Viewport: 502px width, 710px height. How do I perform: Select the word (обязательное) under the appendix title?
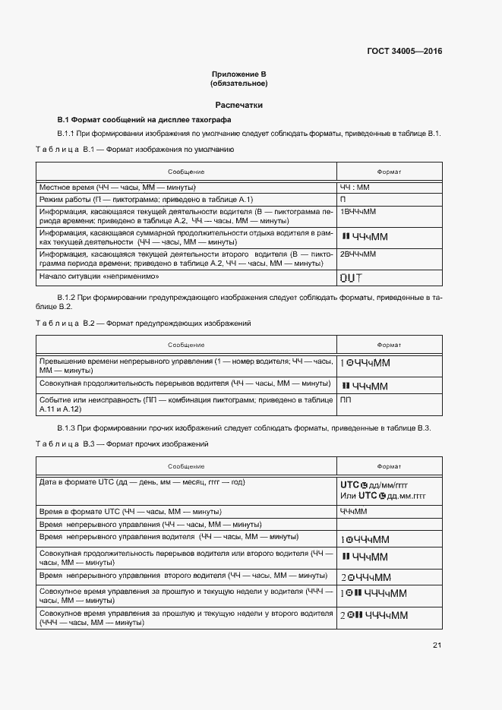pos(239,84)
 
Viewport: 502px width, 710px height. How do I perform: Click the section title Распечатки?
pos(239,106)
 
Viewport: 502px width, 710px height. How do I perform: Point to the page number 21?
pos(437,645)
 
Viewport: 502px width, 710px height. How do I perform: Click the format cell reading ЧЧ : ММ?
pos(354,187)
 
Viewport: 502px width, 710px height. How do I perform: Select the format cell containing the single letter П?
pos(343,199)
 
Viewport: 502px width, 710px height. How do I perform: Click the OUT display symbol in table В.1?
pos(351,278)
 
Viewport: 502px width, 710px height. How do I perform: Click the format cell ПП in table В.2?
pos(346,399)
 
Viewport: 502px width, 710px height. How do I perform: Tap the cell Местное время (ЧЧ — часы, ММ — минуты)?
pos(118,187)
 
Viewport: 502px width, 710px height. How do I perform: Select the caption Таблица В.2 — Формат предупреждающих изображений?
pos(144,323)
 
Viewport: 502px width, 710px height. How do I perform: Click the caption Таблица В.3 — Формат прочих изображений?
pos(122,443)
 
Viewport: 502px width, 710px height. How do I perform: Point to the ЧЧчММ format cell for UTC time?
pos(353,512)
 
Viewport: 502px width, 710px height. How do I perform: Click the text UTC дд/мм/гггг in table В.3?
pos(379,484)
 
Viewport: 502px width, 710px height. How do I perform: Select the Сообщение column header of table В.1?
pos(186,172)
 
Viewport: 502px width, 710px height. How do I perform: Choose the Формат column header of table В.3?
pos(389,465)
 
